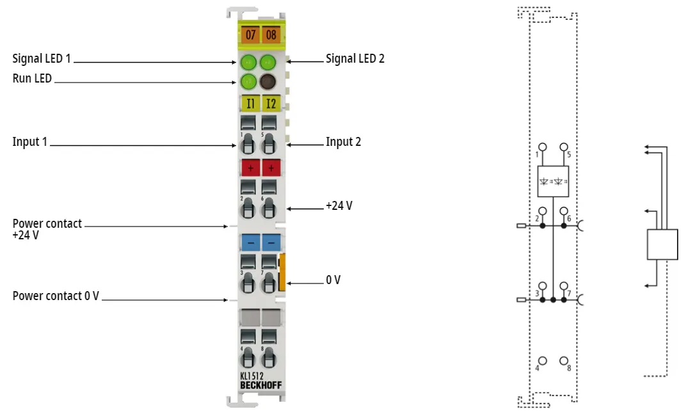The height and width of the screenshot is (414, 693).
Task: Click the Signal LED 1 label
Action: pyautogui.click(x=42, y=58)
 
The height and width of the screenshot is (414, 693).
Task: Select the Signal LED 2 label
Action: pyautogui.click(x=355, y=58)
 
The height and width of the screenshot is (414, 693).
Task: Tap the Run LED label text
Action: pyautogui.click(x=32, y=78)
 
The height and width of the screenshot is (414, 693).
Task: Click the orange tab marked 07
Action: pyautogui.click(x=251, y=35)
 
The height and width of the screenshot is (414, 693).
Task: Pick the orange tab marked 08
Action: pyautogui.click(x=271, y=35)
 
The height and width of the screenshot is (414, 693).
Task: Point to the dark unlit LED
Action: pyautogui.click(x=268, y=81)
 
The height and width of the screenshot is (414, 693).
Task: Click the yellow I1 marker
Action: pyautogui.click(x=251, y=104)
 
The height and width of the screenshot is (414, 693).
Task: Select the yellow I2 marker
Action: pyautogui.click(x=271, y=104)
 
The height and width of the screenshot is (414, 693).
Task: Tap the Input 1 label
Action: pyautogui.click(x=29, y=142)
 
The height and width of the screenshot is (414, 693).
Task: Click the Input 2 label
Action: pyautogui.click(x=344, y=142)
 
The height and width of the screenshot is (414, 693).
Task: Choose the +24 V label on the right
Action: pyautogui.click(x=339, y=206)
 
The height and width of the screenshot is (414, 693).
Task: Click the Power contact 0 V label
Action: pyautogui.click(x=56, y=296)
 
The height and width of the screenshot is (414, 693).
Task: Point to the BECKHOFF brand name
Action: pyautogui.click(x=261, y=385)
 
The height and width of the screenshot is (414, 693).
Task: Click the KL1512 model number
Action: pyautogui.click(x=252, y=376)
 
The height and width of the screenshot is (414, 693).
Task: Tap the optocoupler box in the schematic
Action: pyautogui.click(x=553, y=182)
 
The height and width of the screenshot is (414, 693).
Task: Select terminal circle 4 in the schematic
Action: pyautogui.click(x=543, y=361)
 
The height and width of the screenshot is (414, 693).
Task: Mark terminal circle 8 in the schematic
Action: pyautogui.click(x=564, y=361)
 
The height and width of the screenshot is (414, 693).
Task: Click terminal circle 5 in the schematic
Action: pyautogui.click(x=564, y=147)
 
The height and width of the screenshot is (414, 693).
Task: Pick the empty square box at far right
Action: pyautogui.click(x=662, y=244)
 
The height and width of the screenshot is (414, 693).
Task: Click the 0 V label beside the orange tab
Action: pyautogui.click(x=333, y=280)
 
